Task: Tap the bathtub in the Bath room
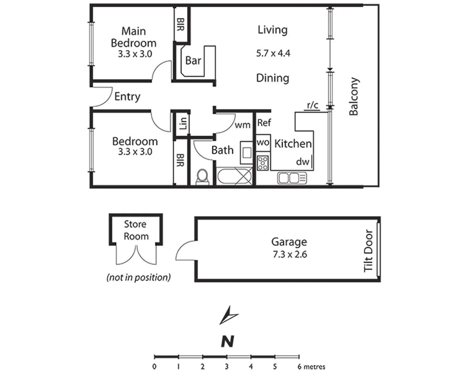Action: point(234,176)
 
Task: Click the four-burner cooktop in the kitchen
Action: point(263,163)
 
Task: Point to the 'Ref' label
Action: point(264,123)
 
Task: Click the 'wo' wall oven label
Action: point(263,142)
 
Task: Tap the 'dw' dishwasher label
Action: point(302,162)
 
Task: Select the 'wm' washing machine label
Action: point(242,125)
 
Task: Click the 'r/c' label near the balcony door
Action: point(312,105)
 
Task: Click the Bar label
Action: point(193,61)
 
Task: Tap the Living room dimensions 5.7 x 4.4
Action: point(273,53)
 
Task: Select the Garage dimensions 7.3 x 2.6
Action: point(290,255)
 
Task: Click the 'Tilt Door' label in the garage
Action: point(368,250)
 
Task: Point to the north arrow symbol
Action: point(228,315)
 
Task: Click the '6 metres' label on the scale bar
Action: point(311,366)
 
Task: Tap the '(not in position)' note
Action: point(139,277)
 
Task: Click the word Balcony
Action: point(354,96)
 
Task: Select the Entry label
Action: point(127,96)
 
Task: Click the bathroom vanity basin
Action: point(247,152)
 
